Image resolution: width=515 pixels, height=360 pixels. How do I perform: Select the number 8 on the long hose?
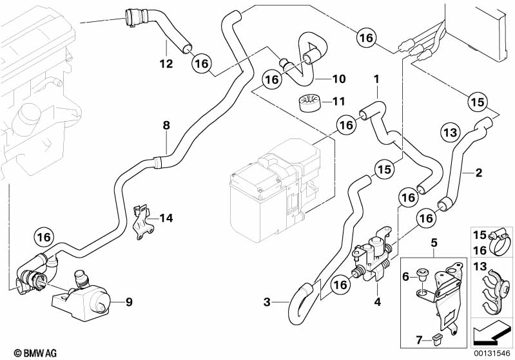click(x=166, y=126)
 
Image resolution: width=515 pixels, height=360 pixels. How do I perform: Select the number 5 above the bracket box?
click(x=434, y=243)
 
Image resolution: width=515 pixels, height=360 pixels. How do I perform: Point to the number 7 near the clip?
click(x=419, y=338)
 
